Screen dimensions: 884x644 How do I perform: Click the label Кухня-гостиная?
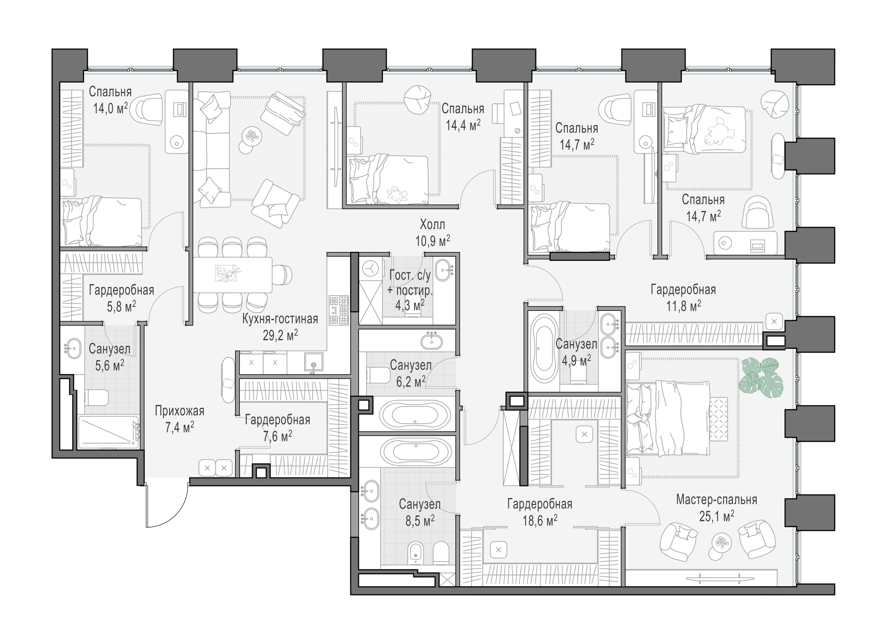coord(280,319)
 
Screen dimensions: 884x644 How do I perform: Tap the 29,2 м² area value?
coord(280,335)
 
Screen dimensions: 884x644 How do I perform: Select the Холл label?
coord(432,224)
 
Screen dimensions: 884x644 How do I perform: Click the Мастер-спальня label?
coord(717,500)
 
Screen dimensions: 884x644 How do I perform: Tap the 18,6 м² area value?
coord(540,520)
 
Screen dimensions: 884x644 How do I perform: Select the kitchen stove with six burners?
coord(339,310)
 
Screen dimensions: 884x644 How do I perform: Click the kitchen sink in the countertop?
coord(314,363)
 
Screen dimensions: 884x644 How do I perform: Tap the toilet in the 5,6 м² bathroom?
coord(97,398)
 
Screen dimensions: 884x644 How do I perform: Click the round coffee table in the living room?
coord(250,136)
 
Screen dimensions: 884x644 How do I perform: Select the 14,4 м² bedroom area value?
coord(463,125)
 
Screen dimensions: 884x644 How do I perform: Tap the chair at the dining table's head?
coord(282,274)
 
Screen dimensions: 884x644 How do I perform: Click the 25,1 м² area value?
coord(717,516)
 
